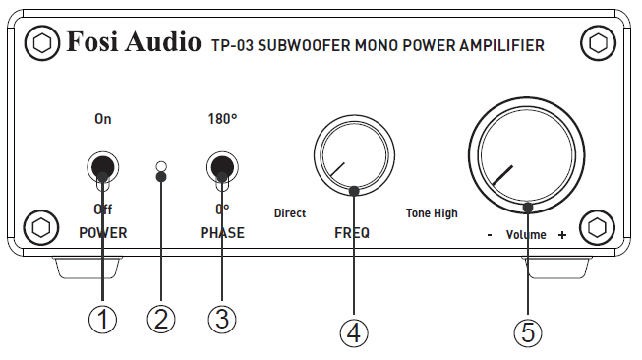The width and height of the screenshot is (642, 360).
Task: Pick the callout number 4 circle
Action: (x=354, y=331)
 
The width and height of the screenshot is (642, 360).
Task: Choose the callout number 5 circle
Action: (x=528, y=332)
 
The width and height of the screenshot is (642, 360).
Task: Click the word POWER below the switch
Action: (x=103, y=233)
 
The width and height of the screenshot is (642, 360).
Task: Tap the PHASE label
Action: (x=222, y=233)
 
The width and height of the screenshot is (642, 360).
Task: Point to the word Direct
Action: (x=290, y=212)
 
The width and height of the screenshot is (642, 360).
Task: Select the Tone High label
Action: (x=432, y=212)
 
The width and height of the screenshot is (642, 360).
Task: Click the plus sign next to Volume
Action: (x=562, y=235)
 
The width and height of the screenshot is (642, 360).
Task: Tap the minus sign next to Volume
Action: (x=489, y=235)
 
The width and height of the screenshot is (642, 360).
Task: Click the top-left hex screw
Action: (x=41, y=43)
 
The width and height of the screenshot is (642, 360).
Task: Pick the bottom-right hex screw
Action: (x=597, y=226)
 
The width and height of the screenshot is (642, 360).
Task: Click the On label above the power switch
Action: (x=103, y=119)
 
